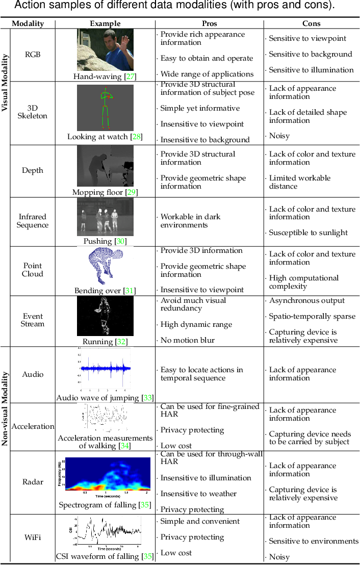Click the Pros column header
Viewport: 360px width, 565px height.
(209, 23)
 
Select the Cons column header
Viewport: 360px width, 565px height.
(311, 23)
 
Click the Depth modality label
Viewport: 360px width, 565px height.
(33, 170)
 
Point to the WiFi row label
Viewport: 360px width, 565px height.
(33, 537)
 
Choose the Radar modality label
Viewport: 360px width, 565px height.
(33, 482)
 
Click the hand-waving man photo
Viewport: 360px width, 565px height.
(105, 49)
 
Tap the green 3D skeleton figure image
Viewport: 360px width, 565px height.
(105, 108)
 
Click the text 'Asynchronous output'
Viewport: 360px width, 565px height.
(306, 300)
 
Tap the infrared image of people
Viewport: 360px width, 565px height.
(105, 217)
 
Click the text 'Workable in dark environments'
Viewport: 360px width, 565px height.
(190, 221)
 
